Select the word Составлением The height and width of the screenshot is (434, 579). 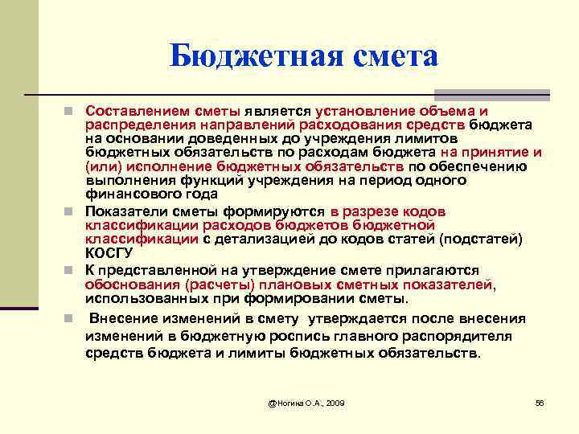pyautogui.click(x=132, y=109)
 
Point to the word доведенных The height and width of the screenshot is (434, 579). pyautogui.click(x=229, y=137)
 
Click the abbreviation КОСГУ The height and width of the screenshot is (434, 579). pyautogui.click(x=107, y=252)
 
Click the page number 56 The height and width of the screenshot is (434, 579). pyautogui.click(x=540, y=401)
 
